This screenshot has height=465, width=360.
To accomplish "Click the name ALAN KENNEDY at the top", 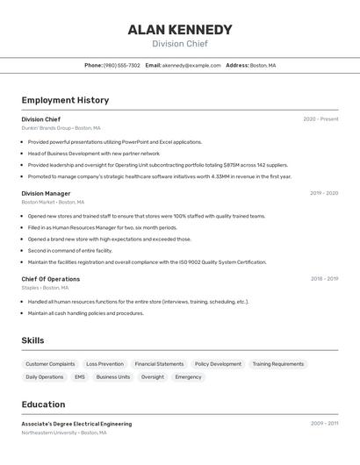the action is click(x=180, y=29).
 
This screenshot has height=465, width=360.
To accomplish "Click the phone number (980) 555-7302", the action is click(x=122, y=66).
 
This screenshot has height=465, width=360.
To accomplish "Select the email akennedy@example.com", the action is click(x=191, y=66).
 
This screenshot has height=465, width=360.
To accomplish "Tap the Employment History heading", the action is click(x=65, y=100).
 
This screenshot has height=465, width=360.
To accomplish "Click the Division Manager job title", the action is click(x=46, y=193).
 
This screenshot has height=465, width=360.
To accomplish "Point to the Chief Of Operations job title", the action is click(x=51, y=279).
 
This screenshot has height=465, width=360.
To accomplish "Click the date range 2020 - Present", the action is click(x=320, y=119).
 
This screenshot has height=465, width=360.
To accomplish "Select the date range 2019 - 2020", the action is click(x=324, y=193).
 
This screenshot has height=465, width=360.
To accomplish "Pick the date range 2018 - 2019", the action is click(x=324, y=279).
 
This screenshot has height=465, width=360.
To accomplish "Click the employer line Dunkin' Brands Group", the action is click(x=61, y=128).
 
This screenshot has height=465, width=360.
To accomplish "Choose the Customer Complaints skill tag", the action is click(x=50, y=364).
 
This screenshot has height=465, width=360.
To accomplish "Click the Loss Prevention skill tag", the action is click(x=104, y=364).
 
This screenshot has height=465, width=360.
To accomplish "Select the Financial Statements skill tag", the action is click(x=159, y=364).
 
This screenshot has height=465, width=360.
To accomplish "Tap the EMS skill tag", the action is click(x=80, y=377).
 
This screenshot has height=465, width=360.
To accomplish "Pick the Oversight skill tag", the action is click(x=153, y=377).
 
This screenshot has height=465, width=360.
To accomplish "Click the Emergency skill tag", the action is click(x=188, y=377).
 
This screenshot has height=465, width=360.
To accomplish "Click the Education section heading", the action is click(x=43, y=404).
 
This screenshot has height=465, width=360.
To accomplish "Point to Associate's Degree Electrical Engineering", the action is click(x=76, y=424).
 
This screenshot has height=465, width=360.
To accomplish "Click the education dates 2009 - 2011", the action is click(x=324, y=424).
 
